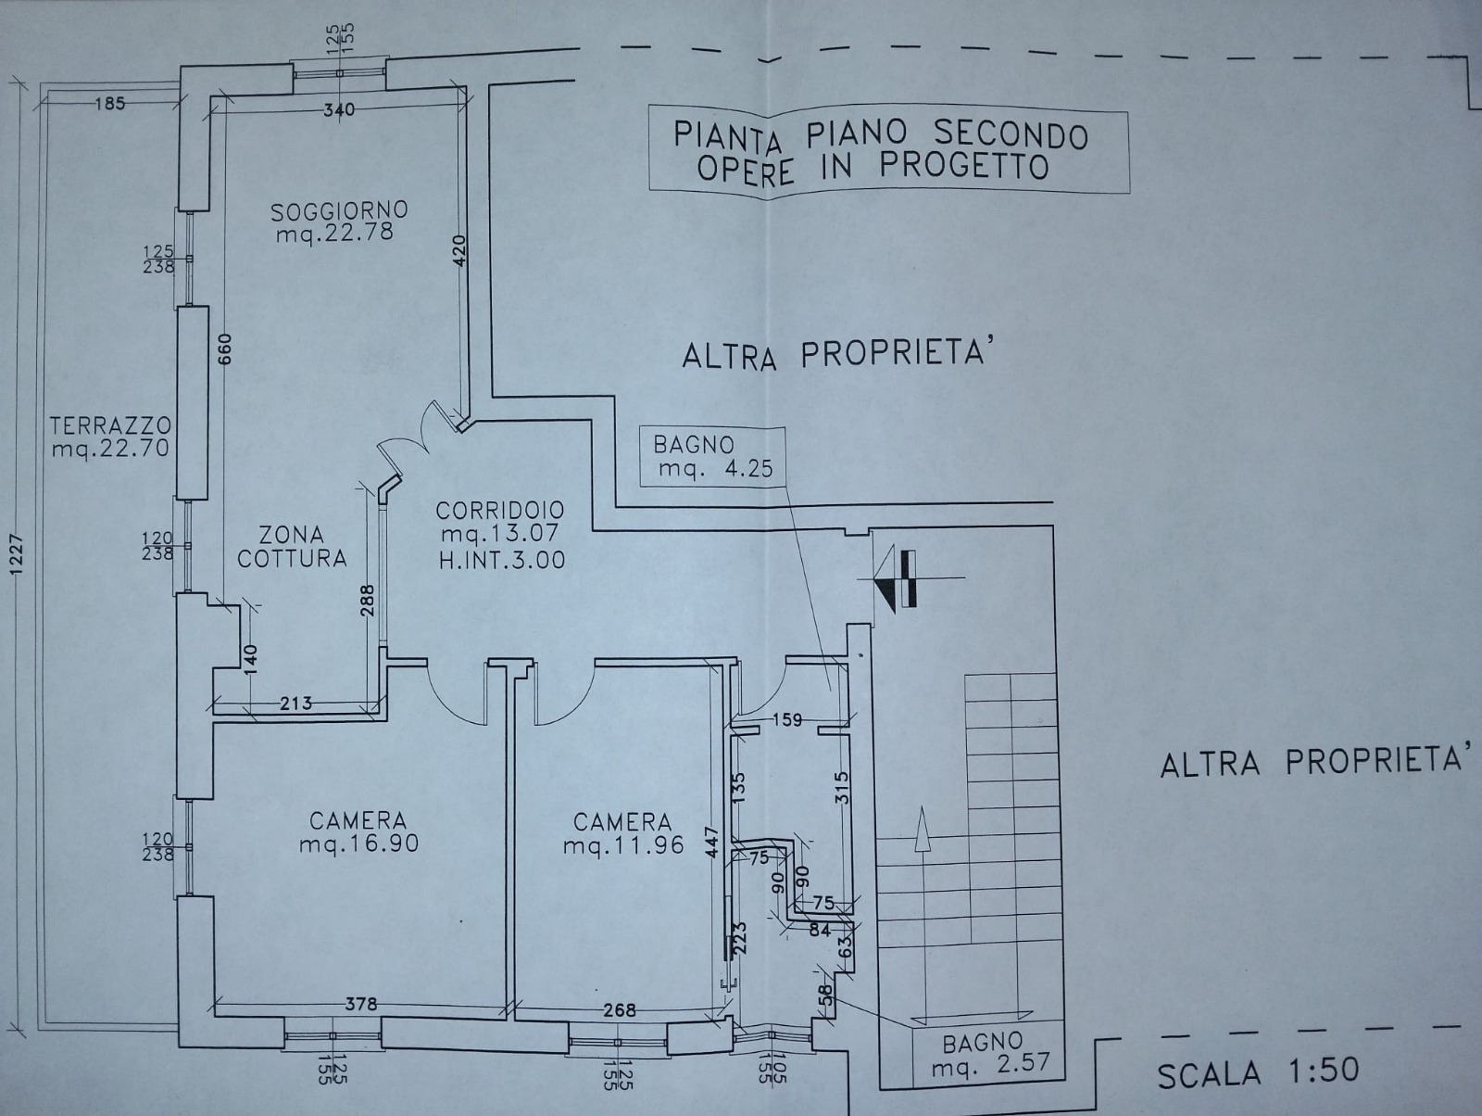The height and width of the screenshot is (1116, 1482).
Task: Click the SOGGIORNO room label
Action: [340, 210]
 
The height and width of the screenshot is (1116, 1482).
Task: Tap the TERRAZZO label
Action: [111, 425]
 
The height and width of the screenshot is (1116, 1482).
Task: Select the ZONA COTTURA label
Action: [293, 547]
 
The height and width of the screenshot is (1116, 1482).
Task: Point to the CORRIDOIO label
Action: [499, 510]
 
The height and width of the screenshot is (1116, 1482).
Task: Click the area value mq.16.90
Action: [359, 843]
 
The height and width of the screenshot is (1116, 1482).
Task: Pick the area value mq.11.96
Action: [624, 845]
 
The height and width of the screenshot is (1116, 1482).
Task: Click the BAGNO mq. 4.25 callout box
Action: [713, 457]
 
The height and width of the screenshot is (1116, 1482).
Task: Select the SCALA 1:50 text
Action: [1258, 1073]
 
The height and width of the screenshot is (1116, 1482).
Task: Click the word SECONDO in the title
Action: [1011, 135]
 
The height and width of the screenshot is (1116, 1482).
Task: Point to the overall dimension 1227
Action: [18, 556]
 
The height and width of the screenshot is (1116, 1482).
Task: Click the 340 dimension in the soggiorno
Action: [339, 109]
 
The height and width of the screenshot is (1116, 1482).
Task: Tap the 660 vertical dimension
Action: [225, 349]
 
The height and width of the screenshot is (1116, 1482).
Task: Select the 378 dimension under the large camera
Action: [361, 1005]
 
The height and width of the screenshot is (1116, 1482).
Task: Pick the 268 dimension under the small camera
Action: [620, 1010]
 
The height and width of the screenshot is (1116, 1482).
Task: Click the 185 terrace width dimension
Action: [110, 104]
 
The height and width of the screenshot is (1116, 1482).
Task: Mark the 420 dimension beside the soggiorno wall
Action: [459, 250]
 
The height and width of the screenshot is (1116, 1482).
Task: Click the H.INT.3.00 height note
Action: [502, 560]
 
